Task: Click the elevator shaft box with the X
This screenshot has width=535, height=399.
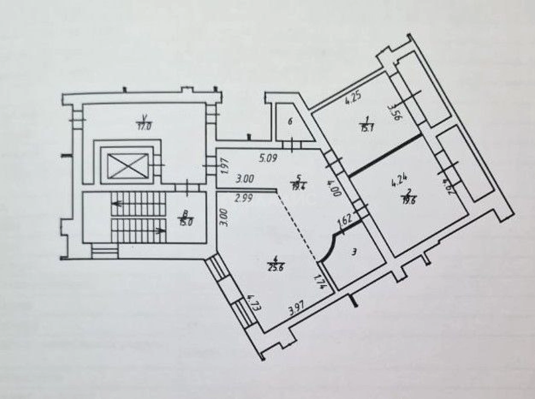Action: coord(127,166)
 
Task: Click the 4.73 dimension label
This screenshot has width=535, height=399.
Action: coord(252,303)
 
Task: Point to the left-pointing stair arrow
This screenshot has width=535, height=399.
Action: coord(116,204)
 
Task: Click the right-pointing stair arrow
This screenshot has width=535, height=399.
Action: coord(161,231)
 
